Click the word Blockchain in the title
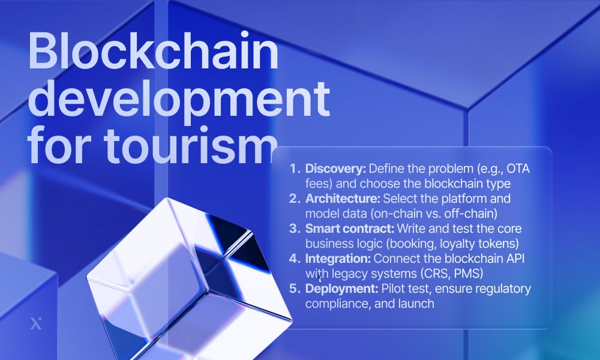click(x=153, y=53)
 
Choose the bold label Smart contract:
click(x=345, y=229)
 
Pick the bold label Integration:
click(x=338, y=259)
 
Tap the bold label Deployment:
click(x=340, y=289)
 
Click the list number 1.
click(x=294, y=169)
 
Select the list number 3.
click(x=294, y=229)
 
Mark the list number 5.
click(x=294, y=289)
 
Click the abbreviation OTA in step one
click(x=518, y=169)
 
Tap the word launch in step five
click(x=418, y=304)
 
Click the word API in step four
click(x=501, y=259)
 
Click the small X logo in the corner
click(x=35, y=324)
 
